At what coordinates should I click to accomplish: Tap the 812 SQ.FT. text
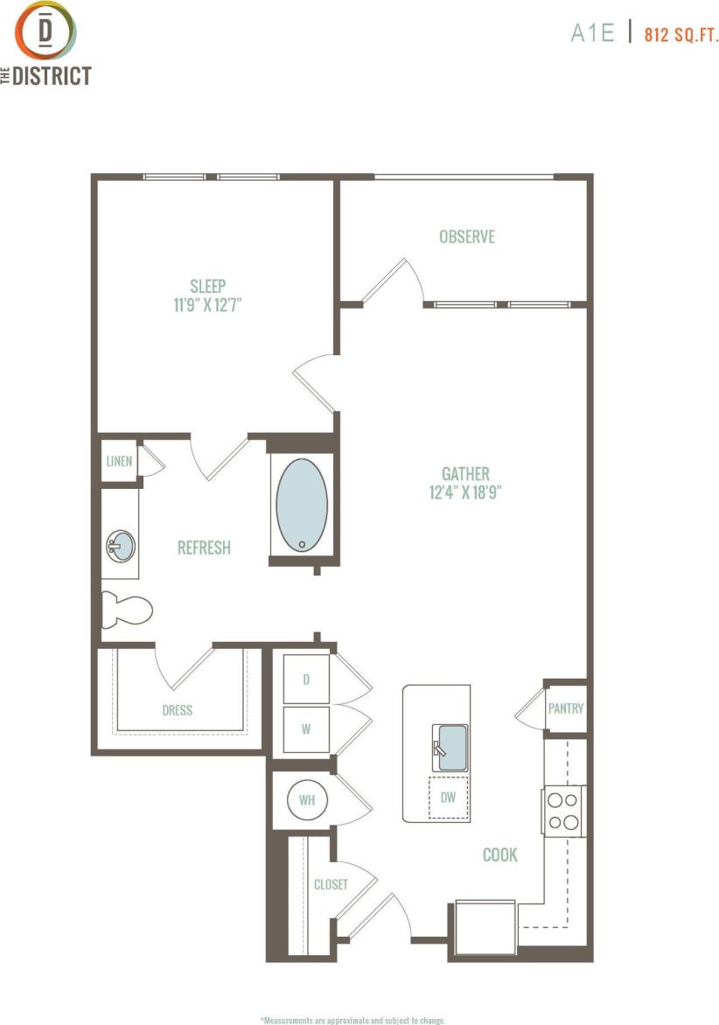click(681, 35)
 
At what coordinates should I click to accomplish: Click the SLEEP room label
click(208, 285)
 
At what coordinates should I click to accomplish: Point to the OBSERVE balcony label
click(467, 236)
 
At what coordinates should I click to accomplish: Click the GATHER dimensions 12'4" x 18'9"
click(465, 492)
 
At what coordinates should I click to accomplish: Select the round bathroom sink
click(121, 547)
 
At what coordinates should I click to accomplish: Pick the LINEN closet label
click(119, 461)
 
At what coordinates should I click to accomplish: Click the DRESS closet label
click(178, 710)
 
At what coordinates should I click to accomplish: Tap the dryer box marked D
click(306, 679)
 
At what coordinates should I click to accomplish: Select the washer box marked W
click(306, 729)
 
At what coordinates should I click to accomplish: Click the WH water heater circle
click(306, 799)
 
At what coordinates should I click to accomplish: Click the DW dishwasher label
click(449, 797)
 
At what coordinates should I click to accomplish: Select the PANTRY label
click(565, 708)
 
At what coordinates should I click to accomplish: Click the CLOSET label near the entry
click(331, 884)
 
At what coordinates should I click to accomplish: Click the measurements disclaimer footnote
click(353, 1020)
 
